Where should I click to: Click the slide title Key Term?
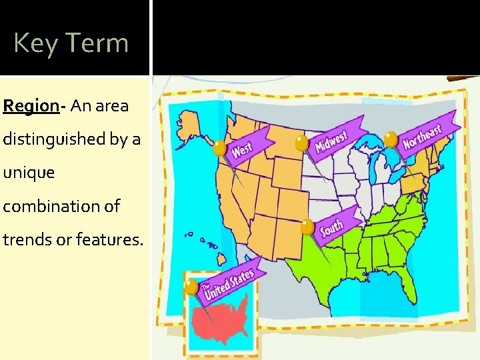(71, 43)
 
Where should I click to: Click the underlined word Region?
(31, 105)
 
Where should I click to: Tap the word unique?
(29, 173)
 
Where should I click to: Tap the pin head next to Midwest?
(302, 143)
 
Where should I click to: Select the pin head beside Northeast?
(391, 139)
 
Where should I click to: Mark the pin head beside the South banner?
(307, 227)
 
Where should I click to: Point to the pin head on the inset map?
(192, 287)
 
